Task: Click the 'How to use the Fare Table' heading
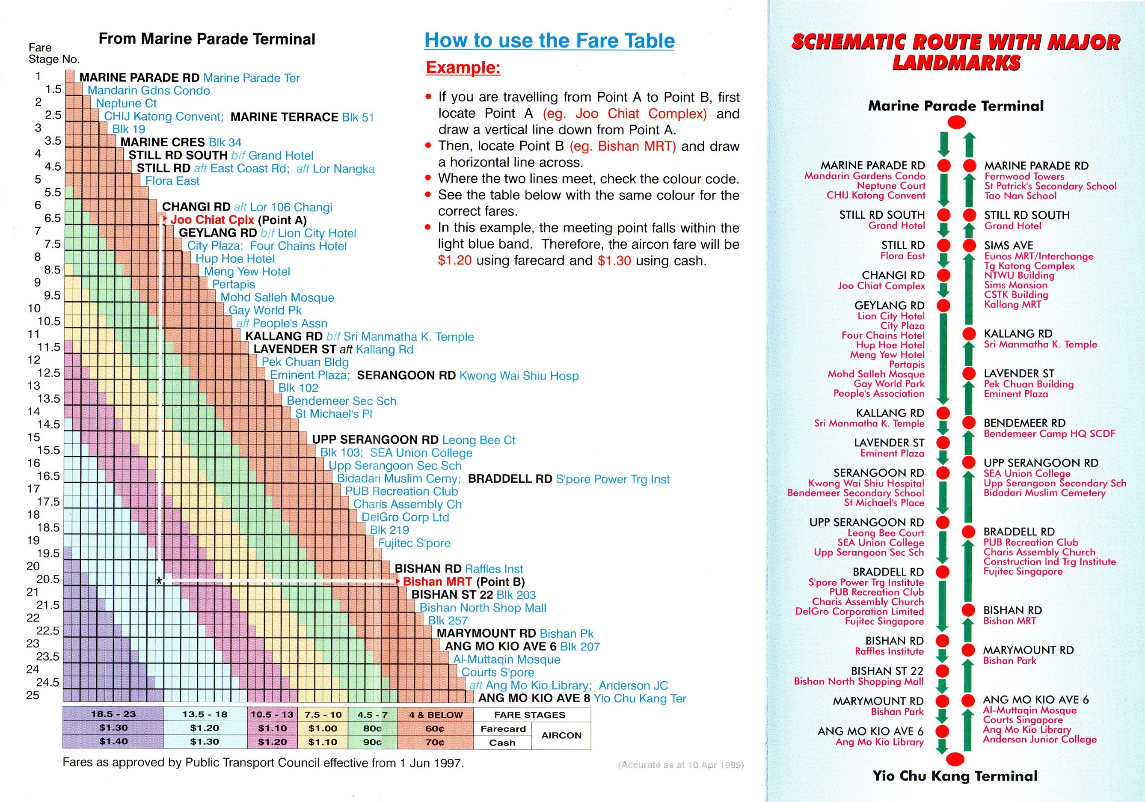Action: coord(549,40)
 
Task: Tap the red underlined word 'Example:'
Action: coord(463,67)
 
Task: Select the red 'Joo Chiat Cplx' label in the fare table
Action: coord(212,220)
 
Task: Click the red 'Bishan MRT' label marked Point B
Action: coord(437,582)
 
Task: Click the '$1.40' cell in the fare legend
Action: coord(113,742)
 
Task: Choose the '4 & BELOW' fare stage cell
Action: coord(435,715)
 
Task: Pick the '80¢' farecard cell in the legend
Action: coord(372,728)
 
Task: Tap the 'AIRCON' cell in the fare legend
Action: coord(561,735)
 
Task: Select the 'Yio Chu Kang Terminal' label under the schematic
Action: coord(955,776)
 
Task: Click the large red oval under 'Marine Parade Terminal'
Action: coord(956,122)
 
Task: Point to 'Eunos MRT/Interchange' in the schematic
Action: coord(1038,256)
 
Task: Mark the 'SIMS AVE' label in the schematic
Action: coord(1009,245)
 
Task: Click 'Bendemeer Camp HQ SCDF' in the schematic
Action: coord(1049,434)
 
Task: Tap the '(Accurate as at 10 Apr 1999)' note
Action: coord(681,765)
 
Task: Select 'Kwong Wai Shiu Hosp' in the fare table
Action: coord(519,376)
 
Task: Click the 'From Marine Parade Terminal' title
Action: coord(207,39)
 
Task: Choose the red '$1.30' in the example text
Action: coord(614,261)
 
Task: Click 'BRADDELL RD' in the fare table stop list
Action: coord(510,479)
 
